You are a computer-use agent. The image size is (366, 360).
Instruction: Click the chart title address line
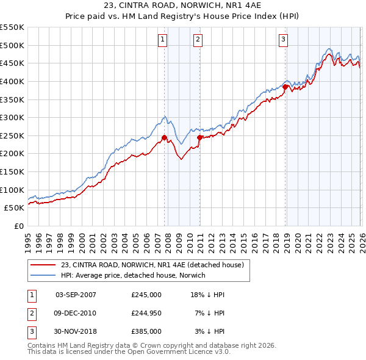click(x=183, y=6)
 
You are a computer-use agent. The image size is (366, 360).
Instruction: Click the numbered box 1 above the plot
click(x=163, y=40)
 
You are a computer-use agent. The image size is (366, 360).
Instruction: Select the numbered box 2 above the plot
click(x=198, y=40)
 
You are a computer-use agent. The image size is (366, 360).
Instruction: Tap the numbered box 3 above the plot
click(x=284, y=40)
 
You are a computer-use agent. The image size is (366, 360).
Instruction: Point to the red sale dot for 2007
click(x=164, y=138)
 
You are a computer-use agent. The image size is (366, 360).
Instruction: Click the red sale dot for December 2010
click(x=199, y=138)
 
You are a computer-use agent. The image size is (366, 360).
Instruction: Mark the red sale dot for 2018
click(x=285, y=87)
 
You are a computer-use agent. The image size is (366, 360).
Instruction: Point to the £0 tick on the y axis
click(x=18, y=226)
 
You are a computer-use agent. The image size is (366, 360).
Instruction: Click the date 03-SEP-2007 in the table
click(x=76, y=295)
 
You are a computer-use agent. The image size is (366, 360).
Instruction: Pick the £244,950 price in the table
click(x=146, y=313)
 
